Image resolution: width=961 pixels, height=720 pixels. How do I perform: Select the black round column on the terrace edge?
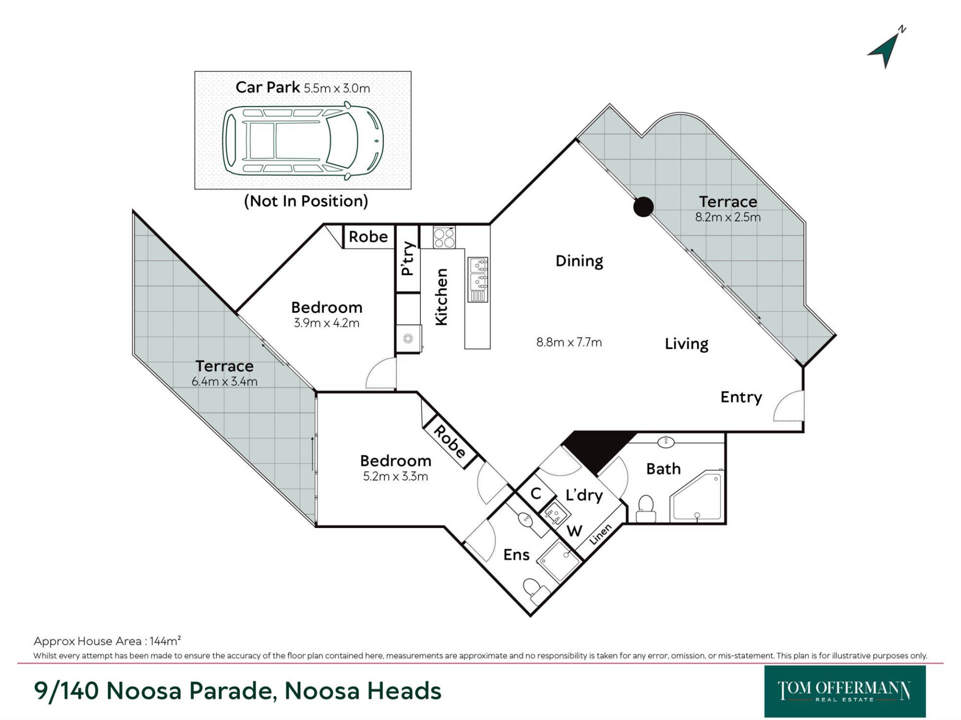tap(643, 206)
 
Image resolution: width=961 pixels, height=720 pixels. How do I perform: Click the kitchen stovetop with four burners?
tap(444, 237)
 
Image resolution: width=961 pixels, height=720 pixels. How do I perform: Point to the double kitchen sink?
tap(477, 279)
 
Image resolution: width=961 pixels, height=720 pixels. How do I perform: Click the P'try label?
tap(408, 258)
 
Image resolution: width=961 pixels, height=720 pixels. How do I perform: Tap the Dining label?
tap(579, 261)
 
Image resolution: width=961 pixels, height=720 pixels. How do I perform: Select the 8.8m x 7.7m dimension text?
tap(569, 342)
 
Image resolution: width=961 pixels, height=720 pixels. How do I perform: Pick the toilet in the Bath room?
tap(646, 509)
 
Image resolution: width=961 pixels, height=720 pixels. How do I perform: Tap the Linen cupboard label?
tap(600, 534)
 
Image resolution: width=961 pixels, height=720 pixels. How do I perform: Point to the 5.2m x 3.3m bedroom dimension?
tap(395, 476)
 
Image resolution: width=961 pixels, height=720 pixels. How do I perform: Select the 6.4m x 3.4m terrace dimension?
tap(225, 381)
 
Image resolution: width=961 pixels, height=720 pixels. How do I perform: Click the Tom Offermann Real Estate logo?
tap(845, 691)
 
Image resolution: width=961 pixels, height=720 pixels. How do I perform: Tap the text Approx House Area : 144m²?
tap(107, 640)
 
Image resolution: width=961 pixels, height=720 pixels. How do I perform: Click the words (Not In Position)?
tap(306, 201)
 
